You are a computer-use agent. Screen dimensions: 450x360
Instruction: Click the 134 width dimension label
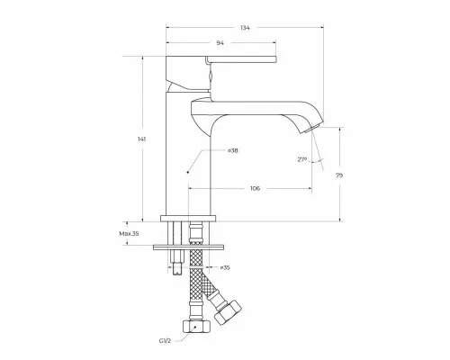245,28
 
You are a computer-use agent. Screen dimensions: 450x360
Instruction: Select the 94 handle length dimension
220,43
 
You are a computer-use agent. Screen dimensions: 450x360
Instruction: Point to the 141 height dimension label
141,139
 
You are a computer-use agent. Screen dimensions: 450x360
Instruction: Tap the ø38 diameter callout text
233,150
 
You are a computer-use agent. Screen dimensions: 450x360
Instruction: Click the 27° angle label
302,159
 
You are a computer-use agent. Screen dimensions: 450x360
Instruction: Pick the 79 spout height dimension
339,175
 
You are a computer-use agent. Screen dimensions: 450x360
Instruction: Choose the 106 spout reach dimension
255,188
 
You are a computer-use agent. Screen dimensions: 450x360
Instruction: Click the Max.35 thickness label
129,234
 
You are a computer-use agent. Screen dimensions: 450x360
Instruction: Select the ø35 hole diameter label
225,267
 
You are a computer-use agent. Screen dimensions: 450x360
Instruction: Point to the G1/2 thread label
165,340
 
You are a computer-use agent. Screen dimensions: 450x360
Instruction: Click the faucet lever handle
241,59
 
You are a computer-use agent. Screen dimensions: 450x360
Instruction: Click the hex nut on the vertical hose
196,326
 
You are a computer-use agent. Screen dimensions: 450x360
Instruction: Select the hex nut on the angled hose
228,312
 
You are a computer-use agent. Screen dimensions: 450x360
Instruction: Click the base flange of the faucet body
188,218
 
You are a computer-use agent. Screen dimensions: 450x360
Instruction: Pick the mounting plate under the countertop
188,247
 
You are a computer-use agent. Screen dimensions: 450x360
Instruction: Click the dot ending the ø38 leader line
188,172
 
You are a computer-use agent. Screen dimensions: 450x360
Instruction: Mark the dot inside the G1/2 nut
195,327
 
